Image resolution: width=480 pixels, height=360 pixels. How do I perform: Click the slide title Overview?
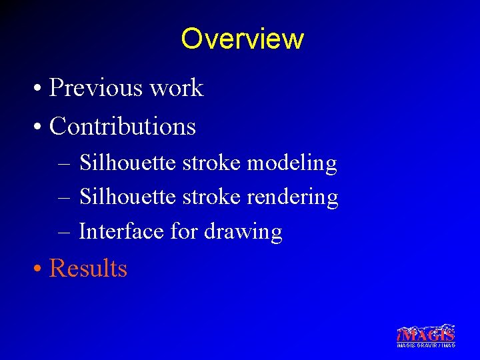[x=242, y=39]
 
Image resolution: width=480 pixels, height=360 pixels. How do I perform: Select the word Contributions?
[x=123, y=126]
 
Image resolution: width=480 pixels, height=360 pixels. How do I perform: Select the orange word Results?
[x=88, y=268]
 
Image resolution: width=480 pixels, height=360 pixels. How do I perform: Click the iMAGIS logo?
[x=425, y=333]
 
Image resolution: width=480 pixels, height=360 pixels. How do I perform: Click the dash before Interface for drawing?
[x=63, y=232]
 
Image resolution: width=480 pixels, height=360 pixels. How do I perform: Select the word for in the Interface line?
[x=183, y=231]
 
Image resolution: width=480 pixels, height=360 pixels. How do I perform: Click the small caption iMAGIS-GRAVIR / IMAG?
[x=425, y=345]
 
